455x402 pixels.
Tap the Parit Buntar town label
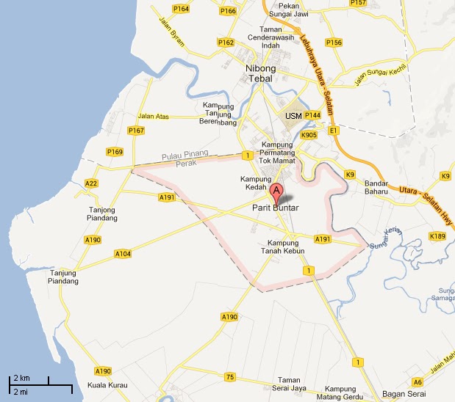point(276,208)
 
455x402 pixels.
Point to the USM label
point(293,117)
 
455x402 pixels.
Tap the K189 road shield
point(438,235)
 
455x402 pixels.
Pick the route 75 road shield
point(231,377)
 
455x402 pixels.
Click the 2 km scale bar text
point(21,377)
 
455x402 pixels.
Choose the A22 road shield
point(92,183)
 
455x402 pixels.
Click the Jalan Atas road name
point(153,116)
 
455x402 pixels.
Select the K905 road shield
point(309,135)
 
